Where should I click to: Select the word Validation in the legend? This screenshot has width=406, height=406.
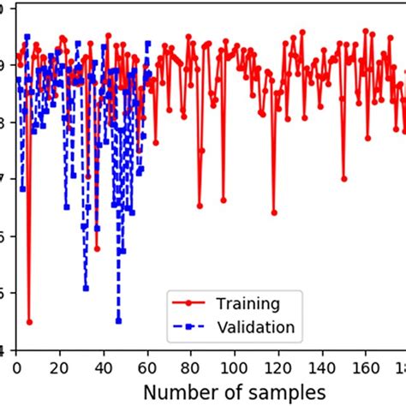point(256,326)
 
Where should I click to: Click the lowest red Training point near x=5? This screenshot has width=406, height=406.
point(29,322)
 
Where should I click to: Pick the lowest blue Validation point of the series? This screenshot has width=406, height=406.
point(118,321)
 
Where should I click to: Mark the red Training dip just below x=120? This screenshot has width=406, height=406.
point(274,212)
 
